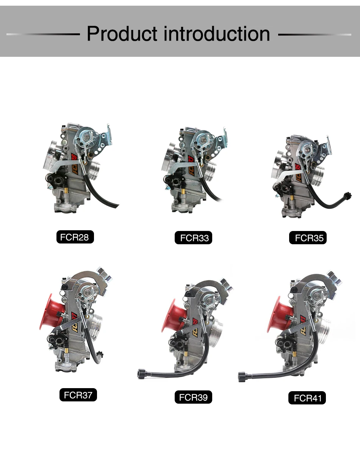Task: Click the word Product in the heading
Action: click(122, 34)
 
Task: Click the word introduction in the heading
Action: click(217, 34)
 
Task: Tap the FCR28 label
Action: click(75, 237)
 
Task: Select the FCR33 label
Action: click(193, 238)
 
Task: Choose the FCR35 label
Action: click(308, 238)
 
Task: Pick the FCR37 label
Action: click(78, 395)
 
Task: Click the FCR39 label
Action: click(193, 397)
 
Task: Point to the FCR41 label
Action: click(307, 398)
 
